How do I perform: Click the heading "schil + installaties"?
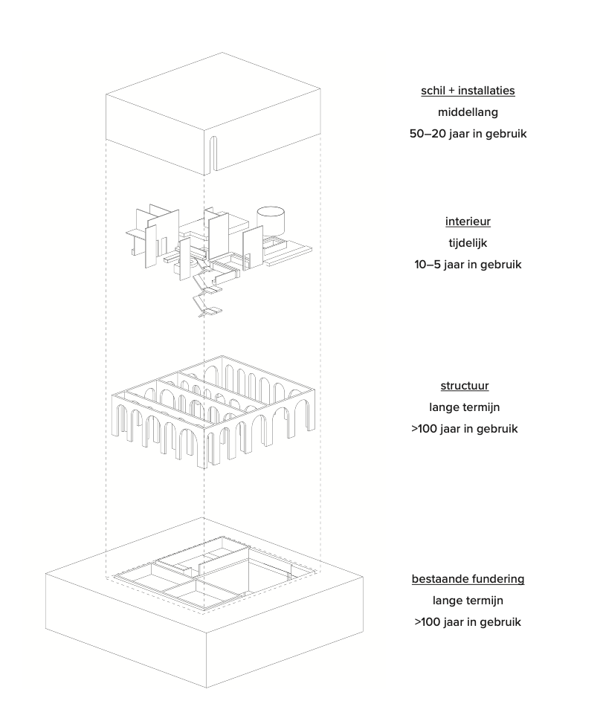468,91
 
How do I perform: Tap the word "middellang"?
468,113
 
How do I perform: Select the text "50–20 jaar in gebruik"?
468,135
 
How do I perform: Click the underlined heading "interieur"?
468,222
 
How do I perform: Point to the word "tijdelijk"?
468,243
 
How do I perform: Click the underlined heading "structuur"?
468,386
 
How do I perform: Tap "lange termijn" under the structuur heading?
468,407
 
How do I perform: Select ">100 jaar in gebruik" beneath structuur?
468,430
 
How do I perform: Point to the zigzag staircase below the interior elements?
204,294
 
